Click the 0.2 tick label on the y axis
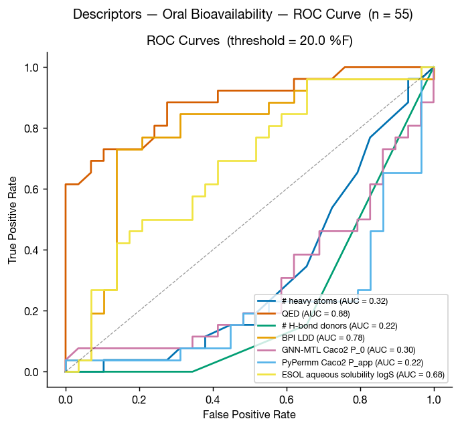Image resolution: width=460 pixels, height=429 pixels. tap(35, 311)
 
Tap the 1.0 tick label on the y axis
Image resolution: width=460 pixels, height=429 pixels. tap(35, 68)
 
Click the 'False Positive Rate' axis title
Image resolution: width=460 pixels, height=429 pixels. tap(249, 415)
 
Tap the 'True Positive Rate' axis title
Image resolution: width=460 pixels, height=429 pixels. tap(13, 220)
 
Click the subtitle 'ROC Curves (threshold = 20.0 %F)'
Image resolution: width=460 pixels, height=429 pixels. tap(249, 41)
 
